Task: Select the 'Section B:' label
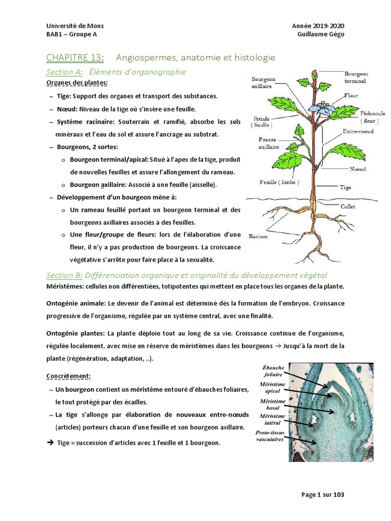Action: (x=64, y=275)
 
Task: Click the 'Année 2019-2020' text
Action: (x=321, y=26)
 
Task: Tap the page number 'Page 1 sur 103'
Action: (x=323, y=494)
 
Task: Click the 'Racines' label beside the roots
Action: (x=259, y=236)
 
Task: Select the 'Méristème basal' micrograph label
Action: (x=272, y=404)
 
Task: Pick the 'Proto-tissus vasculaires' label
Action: (x=270, y=436)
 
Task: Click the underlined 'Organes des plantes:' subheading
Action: (x=77, y=82)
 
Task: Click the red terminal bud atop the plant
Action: (x=314, y=75)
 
